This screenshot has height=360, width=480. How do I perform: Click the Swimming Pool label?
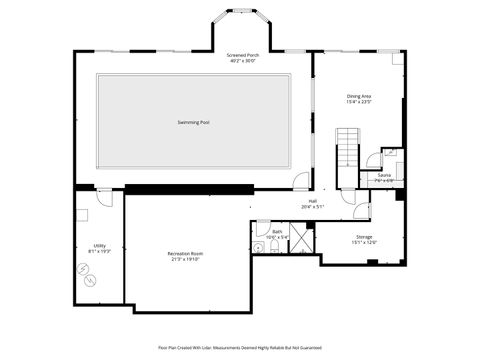(193, 122)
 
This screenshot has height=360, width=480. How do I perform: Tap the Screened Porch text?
(242, 56)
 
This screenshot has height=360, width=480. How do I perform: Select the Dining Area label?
(358, 96)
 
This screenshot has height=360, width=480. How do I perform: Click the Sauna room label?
(384, 175)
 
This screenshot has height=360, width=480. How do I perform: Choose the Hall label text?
(312, 201)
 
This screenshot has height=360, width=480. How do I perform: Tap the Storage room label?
(364, 236)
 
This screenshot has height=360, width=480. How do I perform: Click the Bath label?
(277, 231)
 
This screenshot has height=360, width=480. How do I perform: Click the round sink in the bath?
(258, 246)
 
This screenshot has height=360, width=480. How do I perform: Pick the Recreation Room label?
(186, 254)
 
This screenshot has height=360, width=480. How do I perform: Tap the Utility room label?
(100, 245)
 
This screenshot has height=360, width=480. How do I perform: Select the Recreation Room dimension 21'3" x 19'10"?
(186, 260)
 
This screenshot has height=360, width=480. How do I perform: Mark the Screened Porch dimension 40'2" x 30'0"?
(242, 62)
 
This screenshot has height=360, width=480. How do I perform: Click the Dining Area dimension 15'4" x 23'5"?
(358, 102)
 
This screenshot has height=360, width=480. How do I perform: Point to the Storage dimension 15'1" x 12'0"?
(364, 242)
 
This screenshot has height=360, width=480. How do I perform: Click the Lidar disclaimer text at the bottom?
(239, 347)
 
